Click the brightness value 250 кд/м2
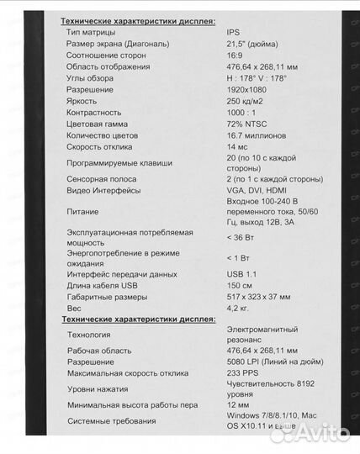click(x=247, y=100)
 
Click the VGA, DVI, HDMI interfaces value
click(x=260, y=190)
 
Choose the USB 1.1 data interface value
click(x=244, y=274)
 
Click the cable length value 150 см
click(x=241, y=285)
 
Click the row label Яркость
click(x=83, y=100)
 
